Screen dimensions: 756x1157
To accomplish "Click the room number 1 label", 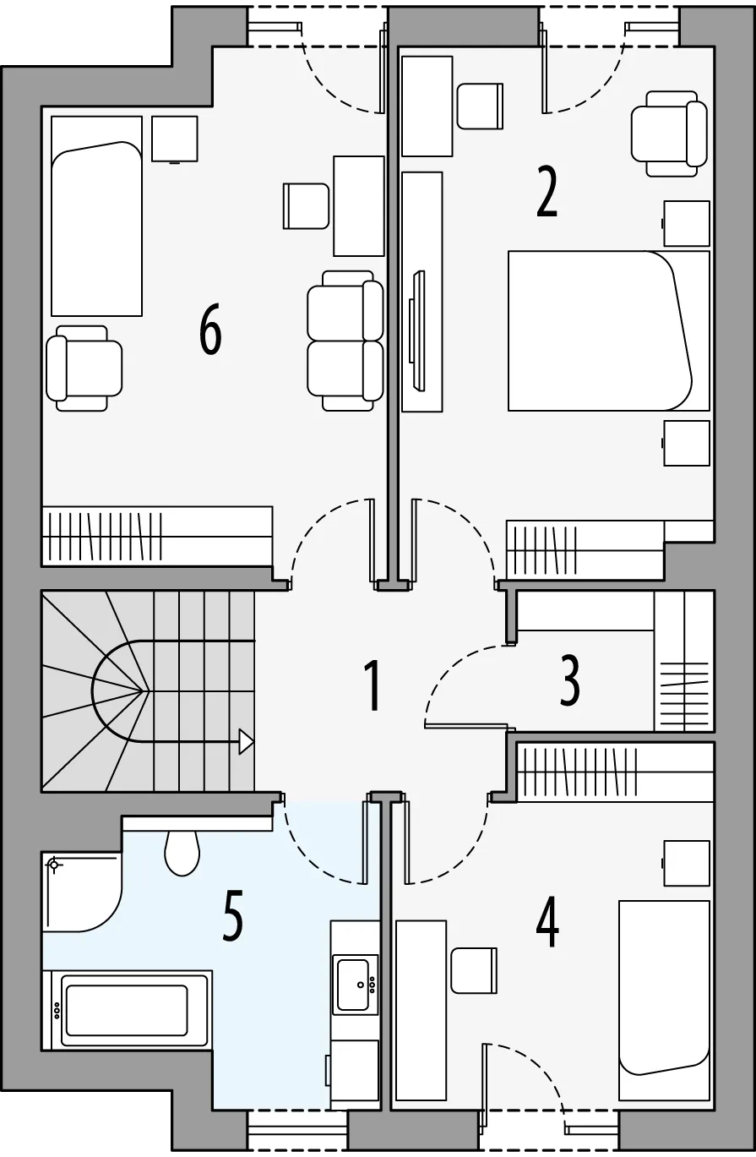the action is pyautogui.click(x=373, y=687).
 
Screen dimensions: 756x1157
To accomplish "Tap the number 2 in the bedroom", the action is pyautogui.click(x=547, y=191).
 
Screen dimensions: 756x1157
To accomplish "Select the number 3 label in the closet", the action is pyautogui.click(x=570, y=681).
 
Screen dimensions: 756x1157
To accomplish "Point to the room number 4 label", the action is pyautogui.click(x=547, y=922).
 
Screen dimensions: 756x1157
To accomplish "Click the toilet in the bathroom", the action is pyautogui.click(x=182, y=853).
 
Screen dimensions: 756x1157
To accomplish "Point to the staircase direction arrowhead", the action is pyautogui.click(x=246, y=742).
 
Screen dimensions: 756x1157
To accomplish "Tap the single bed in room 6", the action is pyautogui.click(x=96, y=216).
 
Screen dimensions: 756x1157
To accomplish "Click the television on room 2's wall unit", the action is pyautogui.click(x=416, y=330).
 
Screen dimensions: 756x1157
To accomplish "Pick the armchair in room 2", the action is pyautogui.click(x=669, y=134).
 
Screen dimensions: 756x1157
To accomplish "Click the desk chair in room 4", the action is pyautogui.click(x=474, y=970).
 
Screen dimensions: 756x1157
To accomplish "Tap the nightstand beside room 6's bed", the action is pyautogui.click(x=175, y=139).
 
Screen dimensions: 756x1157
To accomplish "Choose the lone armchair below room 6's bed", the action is pyautogui.click(x=84, y=368).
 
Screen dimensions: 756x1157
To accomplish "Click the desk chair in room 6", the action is pyautogui.click(x=306, y=206).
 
